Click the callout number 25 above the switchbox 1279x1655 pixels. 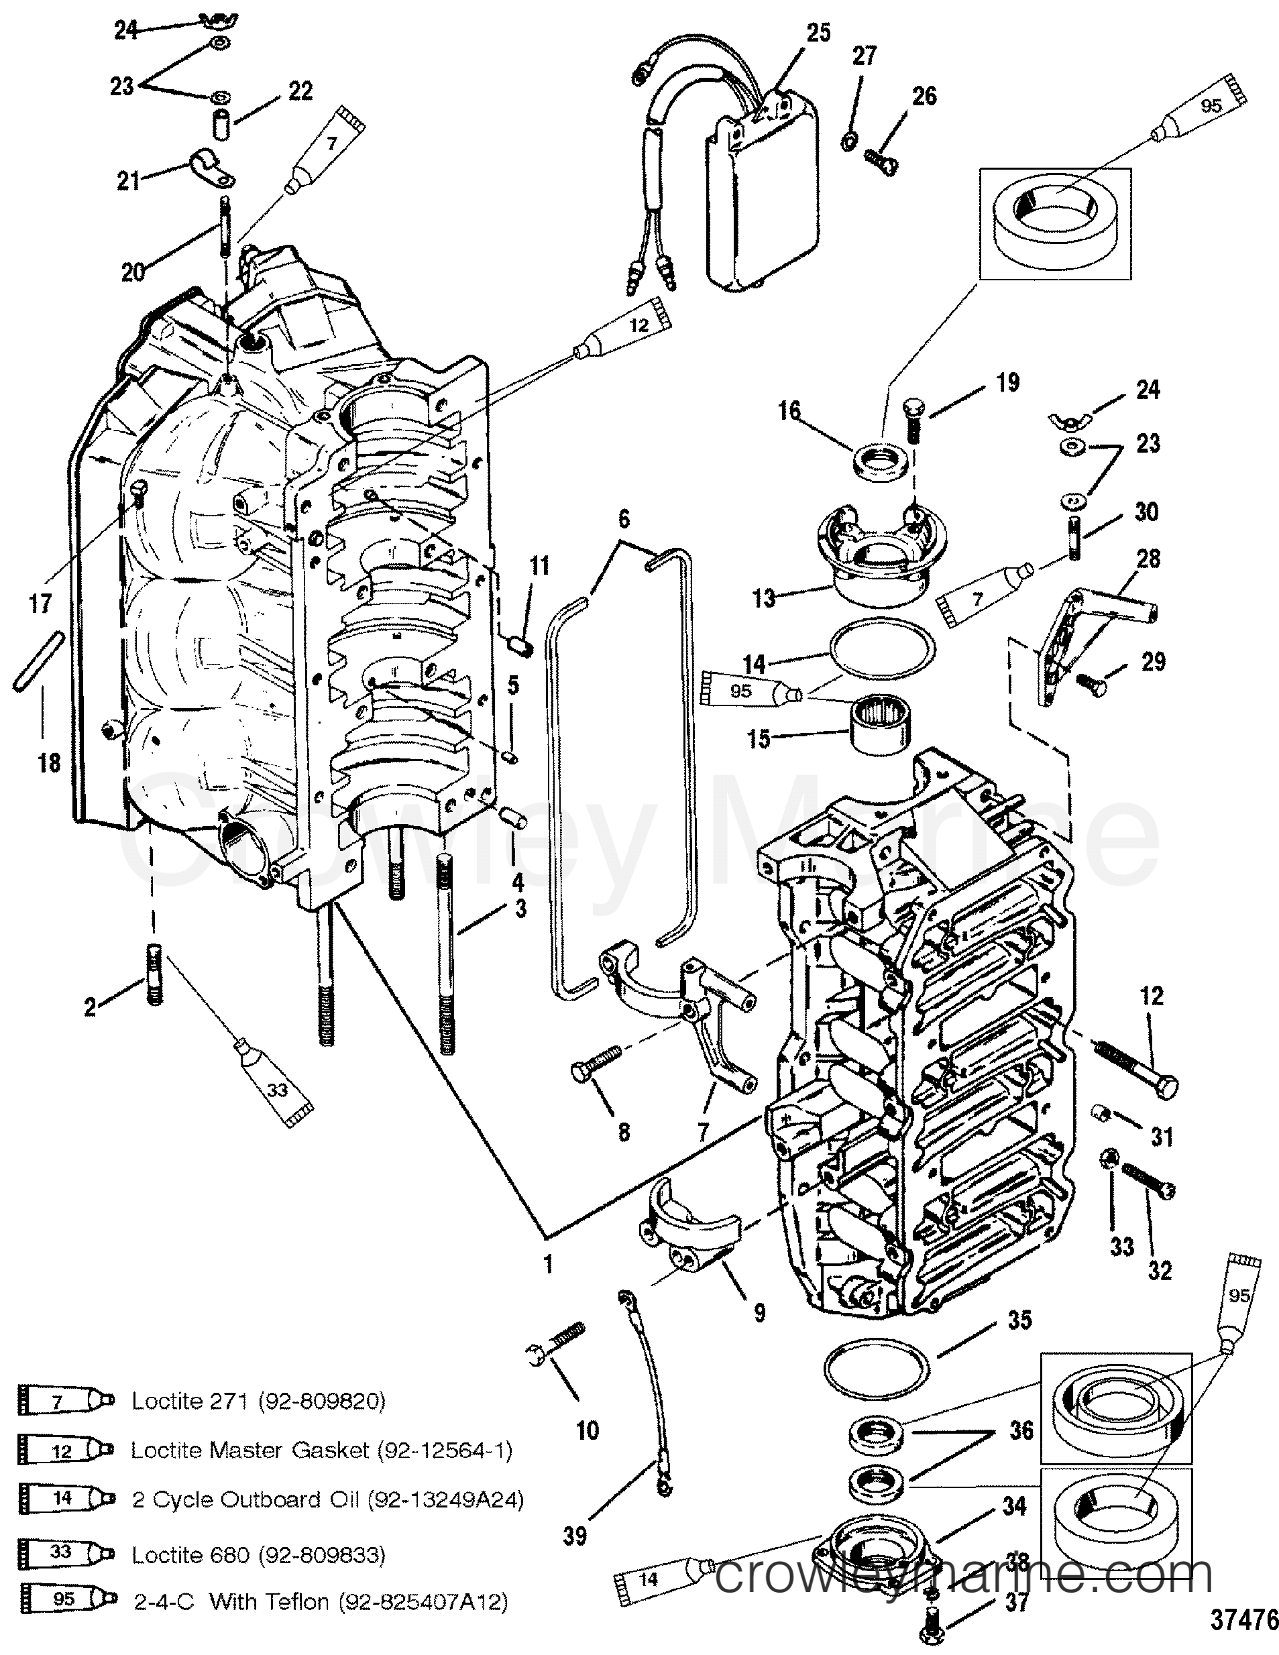point(818,34)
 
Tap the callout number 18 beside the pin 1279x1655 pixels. point(49,762)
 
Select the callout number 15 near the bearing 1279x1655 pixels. point(759,739)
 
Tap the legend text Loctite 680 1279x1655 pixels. point(191,1555)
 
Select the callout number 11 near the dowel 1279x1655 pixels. point(539,566)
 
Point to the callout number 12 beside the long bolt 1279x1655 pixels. point(1152,996)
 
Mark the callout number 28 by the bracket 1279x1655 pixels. point(1149,559)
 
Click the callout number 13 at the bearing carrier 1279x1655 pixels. point(764,598)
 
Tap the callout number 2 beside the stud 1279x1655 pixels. point(90,1007)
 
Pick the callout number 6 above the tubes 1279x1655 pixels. point(624,519)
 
